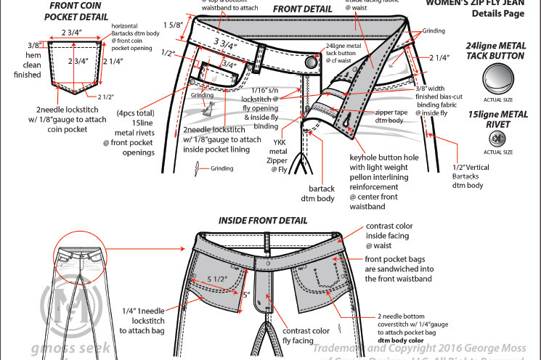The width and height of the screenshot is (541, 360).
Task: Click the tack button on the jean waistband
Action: coord(312,62)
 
